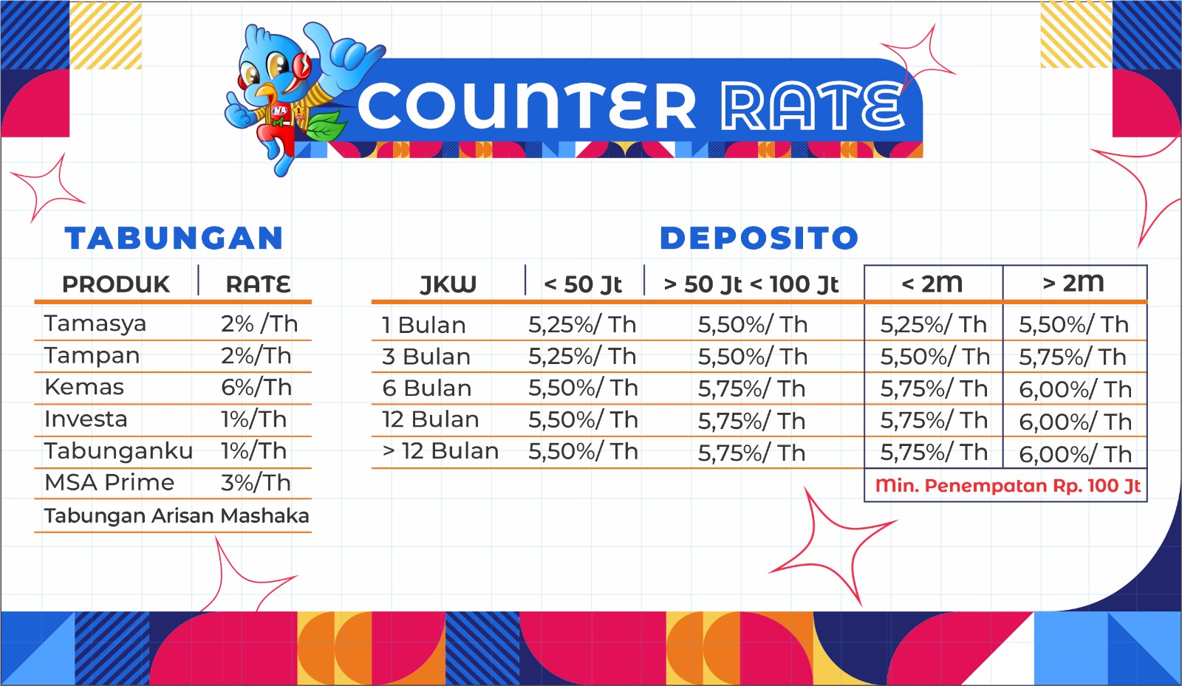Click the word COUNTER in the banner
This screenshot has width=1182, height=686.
pos(527,106)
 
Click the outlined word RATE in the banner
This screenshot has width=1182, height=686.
pos(813,106)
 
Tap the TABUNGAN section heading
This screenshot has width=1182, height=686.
pos(174,238)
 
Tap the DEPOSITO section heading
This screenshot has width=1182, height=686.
pos(759,238)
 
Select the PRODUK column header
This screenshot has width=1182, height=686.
pos(116,284)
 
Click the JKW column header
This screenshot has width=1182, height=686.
pos(448,285)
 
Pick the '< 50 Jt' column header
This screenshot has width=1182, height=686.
pos(583,285)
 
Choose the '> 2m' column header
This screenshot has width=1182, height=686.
pos(1073,283)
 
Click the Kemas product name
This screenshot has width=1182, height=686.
pos(84,387)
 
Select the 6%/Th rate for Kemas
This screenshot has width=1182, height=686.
pos(256,388)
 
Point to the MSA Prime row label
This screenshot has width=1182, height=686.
pos(109,482)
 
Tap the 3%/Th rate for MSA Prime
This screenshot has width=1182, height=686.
pos(256,483)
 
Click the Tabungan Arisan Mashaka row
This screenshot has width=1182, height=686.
pos(177,515)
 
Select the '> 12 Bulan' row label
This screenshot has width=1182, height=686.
pos(440,451)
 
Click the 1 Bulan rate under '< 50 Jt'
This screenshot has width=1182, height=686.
pos(583,325)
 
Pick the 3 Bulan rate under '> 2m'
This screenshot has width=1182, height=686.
pos(1073,357)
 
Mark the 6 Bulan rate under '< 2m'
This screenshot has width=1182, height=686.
pos(934,389)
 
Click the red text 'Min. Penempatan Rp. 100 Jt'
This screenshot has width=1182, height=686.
pos(1008,486)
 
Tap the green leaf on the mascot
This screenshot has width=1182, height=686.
pos(325,126)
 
